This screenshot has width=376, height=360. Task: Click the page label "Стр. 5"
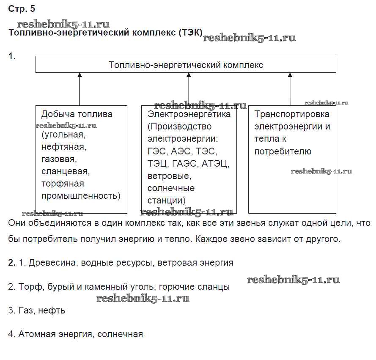(22, 9)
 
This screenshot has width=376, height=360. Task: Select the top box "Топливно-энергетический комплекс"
(186, 65)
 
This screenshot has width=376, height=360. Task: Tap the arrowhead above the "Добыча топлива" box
(79, 75)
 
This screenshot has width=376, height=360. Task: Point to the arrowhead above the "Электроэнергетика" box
(189, 75)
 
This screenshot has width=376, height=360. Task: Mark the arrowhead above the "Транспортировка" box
(290, 75)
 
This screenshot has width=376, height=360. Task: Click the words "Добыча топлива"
(77, 114)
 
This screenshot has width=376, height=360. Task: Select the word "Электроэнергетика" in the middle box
(189, 114)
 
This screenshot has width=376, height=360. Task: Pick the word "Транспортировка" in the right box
(292, 114)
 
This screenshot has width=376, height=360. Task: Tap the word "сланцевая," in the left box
(66, 172)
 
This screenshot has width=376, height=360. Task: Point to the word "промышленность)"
(81, 196)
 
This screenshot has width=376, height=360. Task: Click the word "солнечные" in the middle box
(171, 188)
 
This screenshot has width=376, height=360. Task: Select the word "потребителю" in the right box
(283, 151)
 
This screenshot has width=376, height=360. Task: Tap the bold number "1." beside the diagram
(12, 56)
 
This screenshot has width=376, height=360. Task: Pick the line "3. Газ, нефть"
(37, 311)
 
